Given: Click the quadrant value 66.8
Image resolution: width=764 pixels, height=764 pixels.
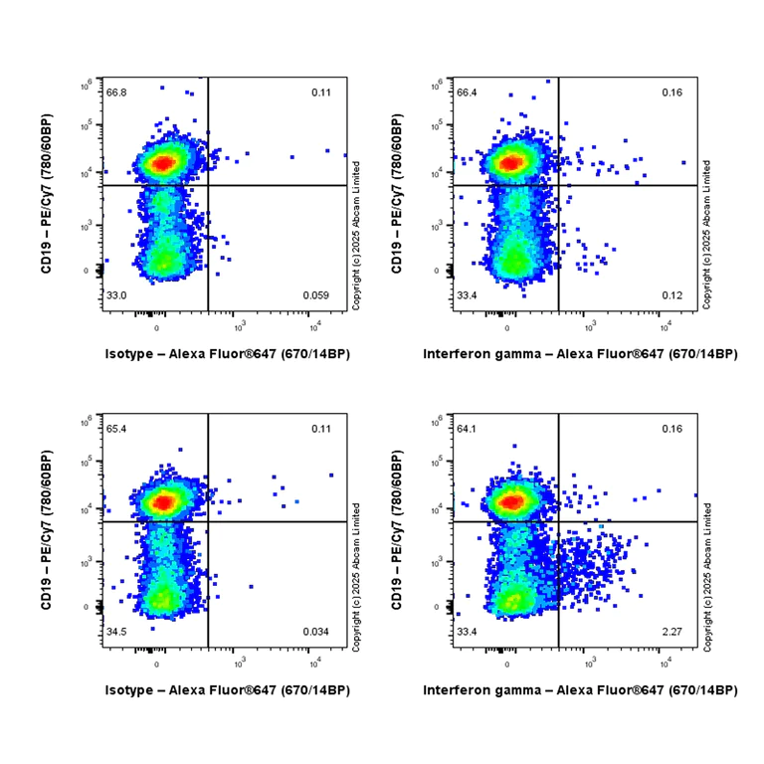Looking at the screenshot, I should pyautogui.click(x=117, y=93).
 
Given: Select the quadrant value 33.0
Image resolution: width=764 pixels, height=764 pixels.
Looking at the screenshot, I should pyautogui.click(x=117, y=295).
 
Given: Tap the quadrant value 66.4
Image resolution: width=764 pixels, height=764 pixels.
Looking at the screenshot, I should pyautogui.click(x=468, y=93).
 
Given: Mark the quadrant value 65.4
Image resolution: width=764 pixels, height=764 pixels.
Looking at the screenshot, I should pyautogui.click(x=117, y=429).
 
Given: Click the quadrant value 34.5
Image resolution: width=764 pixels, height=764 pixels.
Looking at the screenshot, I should pyautogui.click(x=117, y=632).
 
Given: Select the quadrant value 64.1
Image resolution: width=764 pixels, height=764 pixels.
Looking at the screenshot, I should pyautogui.click(x=468, y=429).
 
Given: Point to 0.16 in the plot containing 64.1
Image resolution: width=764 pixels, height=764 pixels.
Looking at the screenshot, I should pyautogui.click(x=673, y=429).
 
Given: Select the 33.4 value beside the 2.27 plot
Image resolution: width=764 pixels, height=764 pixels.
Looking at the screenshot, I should pyautogui.click(x=468, y=632).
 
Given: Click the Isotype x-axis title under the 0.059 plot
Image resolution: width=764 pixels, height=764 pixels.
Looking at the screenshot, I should pyautogui.click(x=227, y=353).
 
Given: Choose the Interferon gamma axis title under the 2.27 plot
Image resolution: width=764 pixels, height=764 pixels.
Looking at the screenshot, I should pyautogui.click(x=580, y=689).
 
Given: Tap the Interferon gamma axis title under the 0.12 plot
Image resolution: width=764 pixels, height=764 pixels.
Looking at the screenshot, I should pyautogui.click(x=580, y=353).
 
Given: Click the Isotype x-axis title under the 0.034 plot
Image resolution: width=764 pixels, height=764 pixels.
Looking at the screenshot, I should pyautogui.click(x=227, y=689).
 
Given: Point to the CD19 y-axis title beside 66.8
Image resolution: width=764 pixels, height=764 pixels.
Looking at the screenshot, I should pyautogui.click(x=48, y=194).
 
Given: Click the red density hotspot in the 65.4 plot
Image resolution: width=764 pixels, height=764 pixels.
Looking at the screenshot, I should pyautogui.click(x=162, y=502).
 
